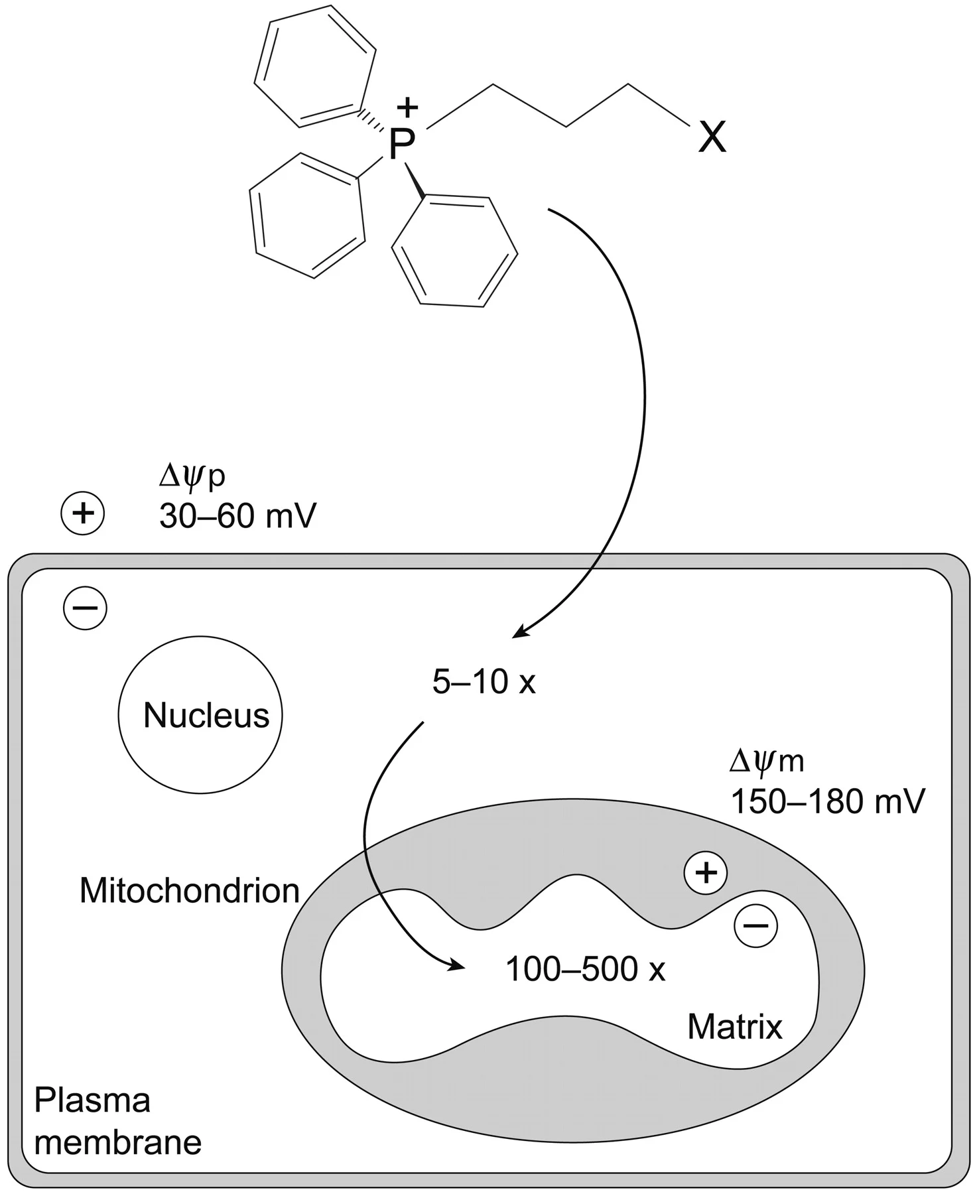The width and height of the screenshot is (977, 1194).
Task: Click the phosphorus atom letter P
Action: coord(401,144)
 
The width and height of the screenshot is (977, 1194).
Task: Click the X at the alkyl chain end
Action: coord(712,138)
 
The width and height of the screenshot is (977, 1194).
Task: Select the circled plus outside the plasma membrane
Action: coord(83,513)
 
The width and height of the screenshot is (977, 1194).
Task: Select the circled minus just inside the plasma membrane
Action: coord(85,608)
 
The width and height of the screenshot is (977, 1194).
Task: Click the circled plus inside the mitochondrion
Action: coord(706,873)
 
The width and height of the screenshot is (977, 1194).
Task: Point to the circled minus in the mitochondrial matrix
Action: coord(756,925)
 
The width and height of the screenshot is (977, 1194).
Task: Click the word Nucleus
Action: coord(206,716)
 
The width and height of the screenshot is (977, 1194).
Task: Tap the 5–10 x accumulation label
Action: coord(484,682)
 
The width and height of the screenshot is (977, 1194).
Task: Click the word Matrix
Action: coord(735,1027)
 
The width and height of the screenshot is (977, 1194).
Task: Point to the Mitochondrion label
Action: coord(190,891)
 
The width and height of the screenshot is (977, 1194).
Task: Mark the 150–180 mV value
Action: coord(827,801)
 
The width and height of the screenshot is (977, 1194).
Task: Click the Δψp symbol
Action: coord(192,478)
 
